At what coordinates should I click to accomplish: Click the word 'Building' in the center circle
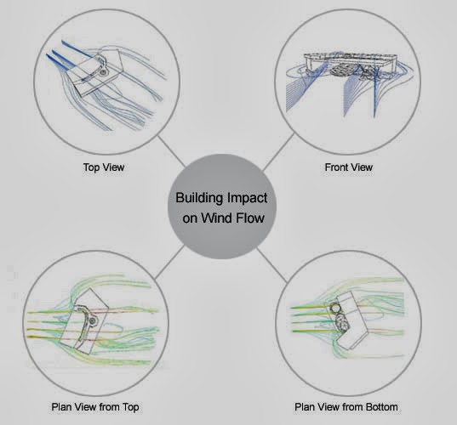tap(199, 199)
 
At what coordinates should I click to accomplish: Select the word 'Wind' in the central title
tap(216, 218)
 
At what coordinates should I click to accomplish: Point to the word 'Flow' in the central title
tap(250, 218)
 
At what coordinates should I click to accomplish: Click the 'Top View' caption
tap(104, 167)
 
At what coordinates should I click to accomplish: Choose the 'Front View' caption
tap(349, 167)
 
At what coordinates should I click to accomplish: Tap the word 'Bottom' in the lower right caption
tap(382, 406)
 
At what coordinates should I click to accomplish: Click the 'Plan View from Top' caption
tap(95, 407)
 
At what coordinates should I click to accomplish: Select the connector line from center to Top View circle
tap(171, 151)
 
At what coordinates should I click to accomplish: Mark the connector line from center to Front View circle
tap(278, 152)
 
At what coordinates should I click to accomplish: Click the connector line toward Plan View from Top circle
tap(169, 262)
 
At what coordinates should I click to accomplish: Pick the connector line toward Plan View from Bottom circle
tap(272, 265)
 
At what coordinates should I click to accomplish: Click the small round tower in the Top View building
tap(103, 72)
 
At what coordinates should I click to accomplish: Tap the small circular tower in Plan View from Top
tap(93, 321)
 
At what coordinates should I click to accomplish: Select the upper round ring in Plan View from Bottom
tap(335, 308)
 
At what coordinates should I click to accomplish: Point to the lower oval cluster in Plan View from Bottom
tap(342, 323)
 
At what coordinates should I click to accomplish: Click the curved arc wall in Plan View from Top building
tap(83, 325)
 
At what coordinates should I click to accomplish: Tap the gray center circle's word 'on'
tap(190, 218)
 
